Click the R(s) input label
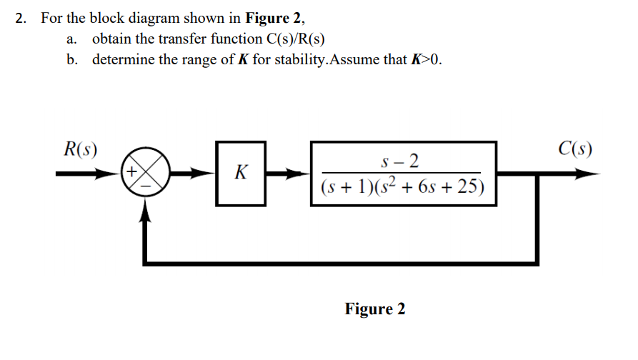(79, 150)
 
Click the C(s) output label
(575, 150)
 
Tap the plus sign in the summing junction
(133, 172)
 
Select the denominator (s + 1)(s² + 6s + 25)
(402, 188)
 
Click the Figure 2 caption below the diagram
(374, 309)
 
